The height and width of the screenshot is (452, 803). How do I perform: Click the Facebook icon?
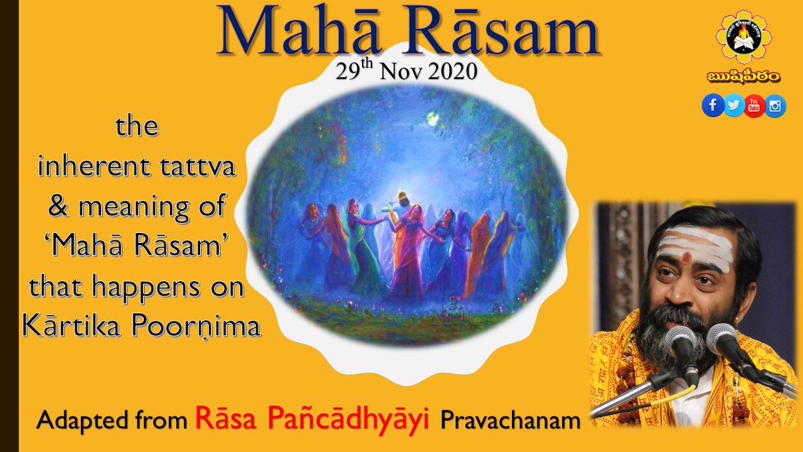click(x=713, y=105)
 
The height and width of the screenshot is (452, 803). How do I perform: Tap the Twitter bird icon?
click(x=734, y=105)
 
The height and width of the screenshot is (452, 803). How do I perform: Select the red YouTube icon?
click(x=754, y=105)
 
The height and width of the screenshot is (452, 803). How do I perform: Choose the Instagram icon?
click(x=775, y=105)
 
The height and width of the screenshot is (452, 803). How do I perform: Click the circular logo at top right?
click(x=743, y=37)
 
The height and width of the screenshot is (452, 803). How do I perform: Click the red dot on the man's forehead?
click(x=686, y=257)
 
